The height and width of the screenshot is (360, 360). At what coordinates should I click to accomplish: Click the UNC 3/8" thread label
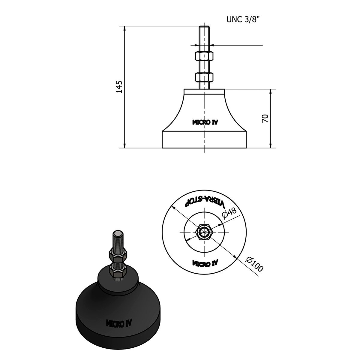click(x=243, y=19)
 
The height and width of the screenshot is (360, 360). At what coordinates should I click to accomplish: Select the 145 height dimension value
click(x=119, y=87)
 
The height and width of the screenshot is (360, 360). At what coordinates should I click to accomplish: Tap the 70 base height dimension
click(x=265, y=118)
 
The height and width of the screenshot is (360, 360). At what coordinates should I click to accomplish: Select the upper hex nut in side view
click(x=204, y=56)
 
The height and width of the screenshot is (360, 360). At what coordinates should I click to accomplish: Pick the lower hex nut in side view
click(x=204, y=77)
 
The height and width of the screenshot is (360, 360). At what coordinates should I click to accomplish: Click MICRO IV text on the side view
click(x=205, y=122)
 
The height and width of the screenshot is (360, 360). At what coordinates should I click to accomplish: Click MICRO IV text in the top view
click(x=205, y=263)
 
